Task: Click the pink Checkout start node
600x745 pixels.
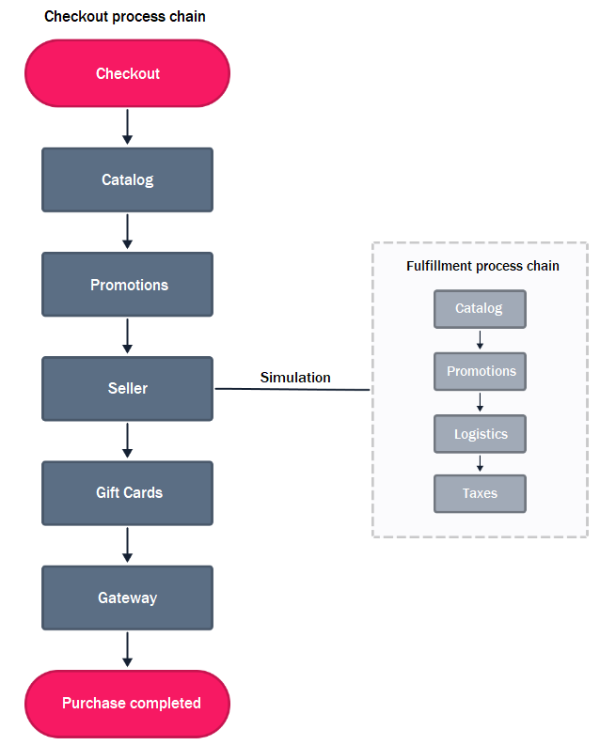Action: coord(127,73)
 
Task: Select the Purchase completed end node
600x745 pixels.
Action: coord(127,703)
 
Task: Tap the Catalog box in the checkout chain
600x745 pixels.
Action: coord(127,179)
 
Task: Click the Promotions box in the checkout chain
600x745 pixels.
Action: coord(127,285)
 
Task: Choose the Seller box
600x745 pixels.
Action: coord(127,388)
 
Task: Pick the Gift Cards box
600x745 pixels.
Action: coord(127,492)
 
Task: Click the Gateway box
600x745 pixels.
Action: coord(127,598)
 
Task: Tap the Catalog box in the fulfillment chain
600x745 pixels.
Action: coord(480,308)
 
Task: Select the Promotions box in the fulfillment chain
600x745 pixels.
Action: coord(480,371)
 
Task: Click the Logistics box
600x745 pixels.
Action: coord(480,434)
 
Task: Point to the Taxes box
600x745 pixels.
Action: coord(480,493)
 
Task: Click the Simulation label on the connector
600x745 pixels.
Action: coord(295,378)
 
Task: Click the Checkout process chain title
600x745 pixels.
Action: coord(125,17)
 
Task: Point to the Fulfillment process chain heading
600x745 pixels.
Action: coord(482,266)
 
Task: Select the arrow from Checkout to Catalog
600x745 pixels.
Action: coord(127,127)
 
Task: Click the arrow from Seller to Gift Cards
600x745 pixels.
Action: coord(127,440)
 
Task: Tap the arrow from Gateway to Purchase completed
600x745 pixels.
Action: coord(127,649)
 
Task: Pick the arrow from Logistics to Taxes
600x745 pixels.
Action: coord(480,463)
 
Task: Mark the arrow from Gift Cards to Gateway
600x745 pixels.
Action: coord(127,545)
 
